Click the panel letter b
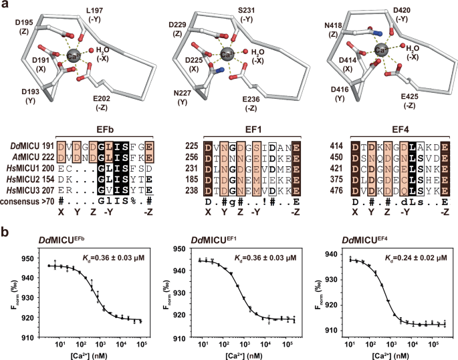tap(5, 233)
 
